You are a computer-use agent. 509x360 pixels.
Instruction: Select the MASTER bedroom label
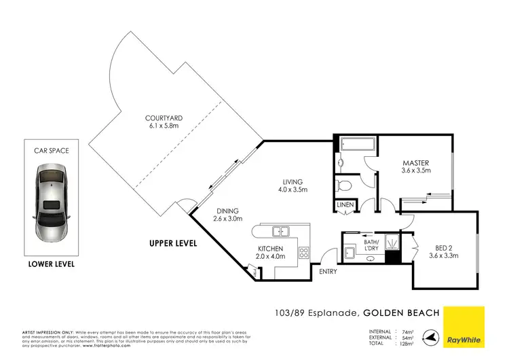(415, 163)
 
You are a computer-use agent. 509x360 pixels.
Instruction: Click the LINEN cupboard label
(344, 205)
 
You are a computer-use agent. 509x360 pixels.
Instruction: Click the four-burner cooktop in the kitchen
(303, 253)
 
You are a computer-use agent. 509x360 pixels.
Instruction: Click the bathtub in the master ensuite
(355, 145)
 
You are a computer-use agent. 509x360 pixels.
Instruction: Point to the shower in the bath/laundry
(392, 242)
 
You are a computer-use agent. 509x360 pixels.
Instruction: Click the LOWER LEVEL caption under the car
(52, 264)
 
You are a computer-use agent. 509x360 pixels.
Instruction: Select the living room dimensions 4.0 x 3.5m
(293, 190)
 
